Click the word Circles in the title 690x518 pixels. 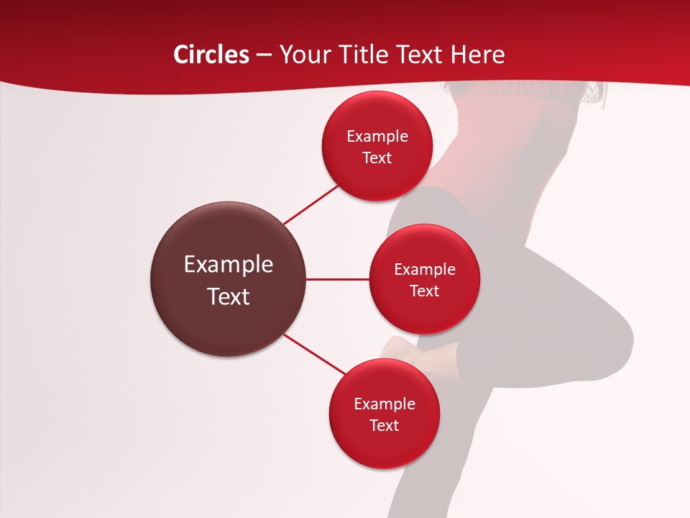point(211,55)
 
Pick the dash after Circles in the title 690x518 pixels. point(264,55)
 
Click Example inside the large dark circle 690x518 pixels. point(229,265)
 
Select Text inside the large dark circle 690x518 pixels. point(229,296)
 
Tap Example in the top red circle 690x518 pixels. point(377,137)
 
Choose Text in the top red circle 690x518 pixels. point(377,158)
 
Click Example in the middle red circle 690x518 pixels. point(425,270)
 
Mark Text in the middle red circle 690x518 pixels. point(425,291)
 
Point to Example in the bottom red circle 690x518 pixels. point(385,404)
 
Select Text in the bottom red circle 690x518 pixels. point(385,426)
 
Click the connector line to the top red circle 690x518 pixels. point(311,205)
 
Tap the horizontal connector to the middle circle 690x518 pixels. point(338,279)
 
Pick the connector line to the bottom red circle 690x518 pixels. point(315,355)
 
